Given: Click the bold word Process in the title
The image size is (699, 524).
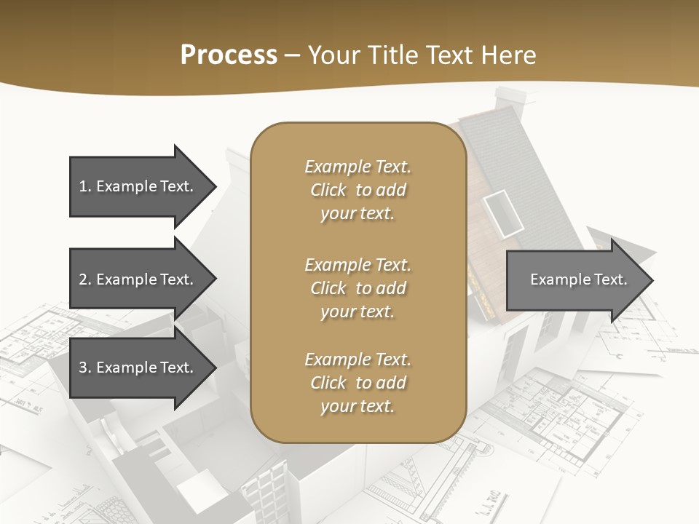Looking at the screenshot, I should point(229,55).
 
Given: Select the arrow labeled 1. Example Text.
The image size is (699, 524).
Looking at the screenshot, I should point(138,186).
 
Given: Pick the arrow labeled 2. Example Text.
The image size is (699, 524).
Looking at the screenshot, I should point(138,279).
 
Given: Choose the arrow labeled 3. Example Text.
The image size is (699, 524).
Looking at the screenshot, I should point(138,368).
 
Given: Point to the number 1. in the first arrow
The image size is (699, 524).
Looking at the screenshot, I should point(84,186).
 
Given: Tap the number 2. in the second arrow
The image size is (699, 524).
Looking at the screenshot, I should point(84,279).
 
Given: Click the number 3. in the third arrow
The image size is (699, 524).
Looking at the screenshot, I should point(84,368).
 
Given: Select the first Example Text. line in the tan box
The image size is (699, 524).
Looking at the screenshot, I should point(358,167).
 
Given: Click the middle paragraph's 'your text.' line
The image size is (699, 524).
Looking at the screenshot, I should point(358,311).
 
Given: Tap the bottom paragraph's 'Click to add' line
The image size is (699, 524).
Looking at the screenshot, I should point(358,383).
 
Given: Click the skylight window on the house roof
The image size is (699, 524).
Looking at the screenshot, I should point(503,211).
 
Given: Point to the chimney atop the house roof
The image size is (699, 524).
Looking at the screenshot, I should point(510,102).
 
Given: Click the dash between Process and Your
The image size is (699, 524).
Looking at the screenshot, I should point(293,55).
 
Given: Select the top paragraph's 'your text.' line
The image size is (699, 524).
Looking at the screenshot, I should point(358,214).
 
